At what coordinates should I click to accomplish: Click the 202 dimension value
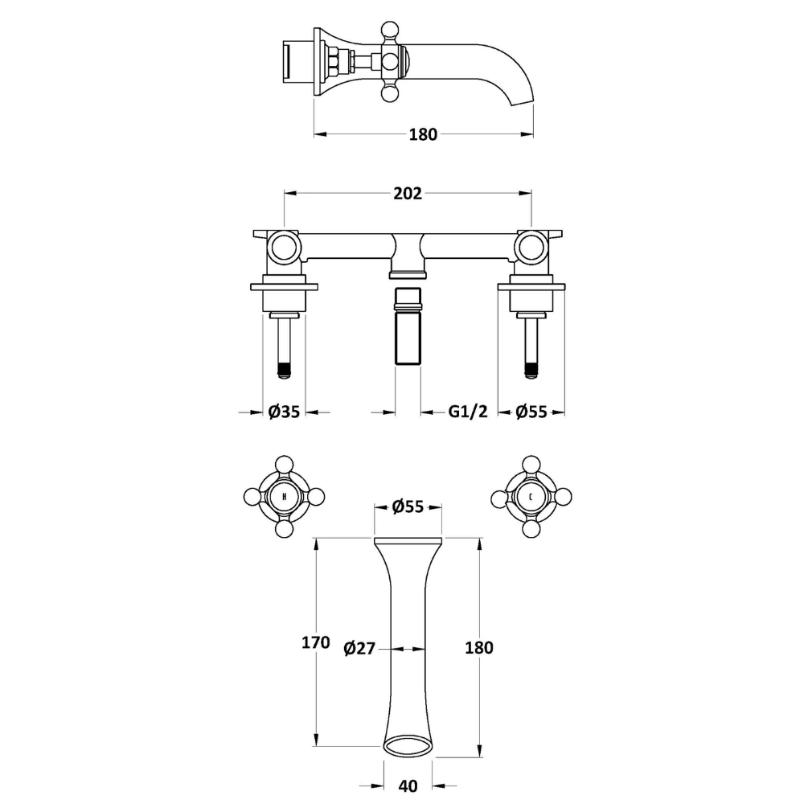[408, 193]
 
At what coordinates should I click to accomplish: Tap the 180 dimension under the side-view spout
[423, 134]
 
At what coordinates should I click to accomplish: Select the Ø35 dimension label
[284, 412]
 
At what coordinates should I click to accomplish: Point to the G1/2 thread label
[467, 412]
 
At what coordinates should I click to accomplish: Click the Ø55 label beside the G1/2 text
[531, 412]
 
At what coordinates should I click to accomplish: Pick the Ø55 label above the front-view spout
[408, 507]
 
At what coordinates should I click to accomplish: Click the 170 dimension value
[316, 642]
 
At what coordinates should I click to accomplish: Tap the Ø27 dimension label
[359, 648]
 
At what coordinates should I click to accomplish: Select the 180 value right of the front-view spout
[479, 648]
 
